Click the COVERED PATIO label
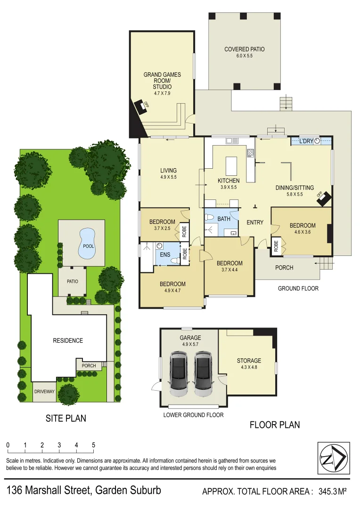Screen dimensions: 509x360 click(244, 49)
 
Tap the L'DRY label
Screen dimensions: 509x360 click(306, 141)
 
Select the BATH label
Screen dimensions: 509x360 click(223, 219)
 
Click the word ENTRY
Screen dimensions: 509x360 click(254, 222)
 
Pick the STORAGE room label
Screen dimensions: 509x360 click(249, 361)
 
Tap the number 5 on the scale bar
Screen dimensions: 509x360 click(93, 445)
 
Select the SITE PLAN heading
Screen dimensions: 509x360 click(65, 418)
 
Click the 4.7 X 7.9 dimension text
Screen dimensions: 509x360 click(162, 94)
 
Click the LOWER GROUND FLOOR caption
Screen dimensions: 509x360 click(193, 415)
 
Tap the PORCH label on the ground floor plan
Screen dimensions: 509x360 click(284, 268)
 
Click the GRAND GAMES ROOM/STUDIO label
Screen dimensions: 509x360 click(162, 81)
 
